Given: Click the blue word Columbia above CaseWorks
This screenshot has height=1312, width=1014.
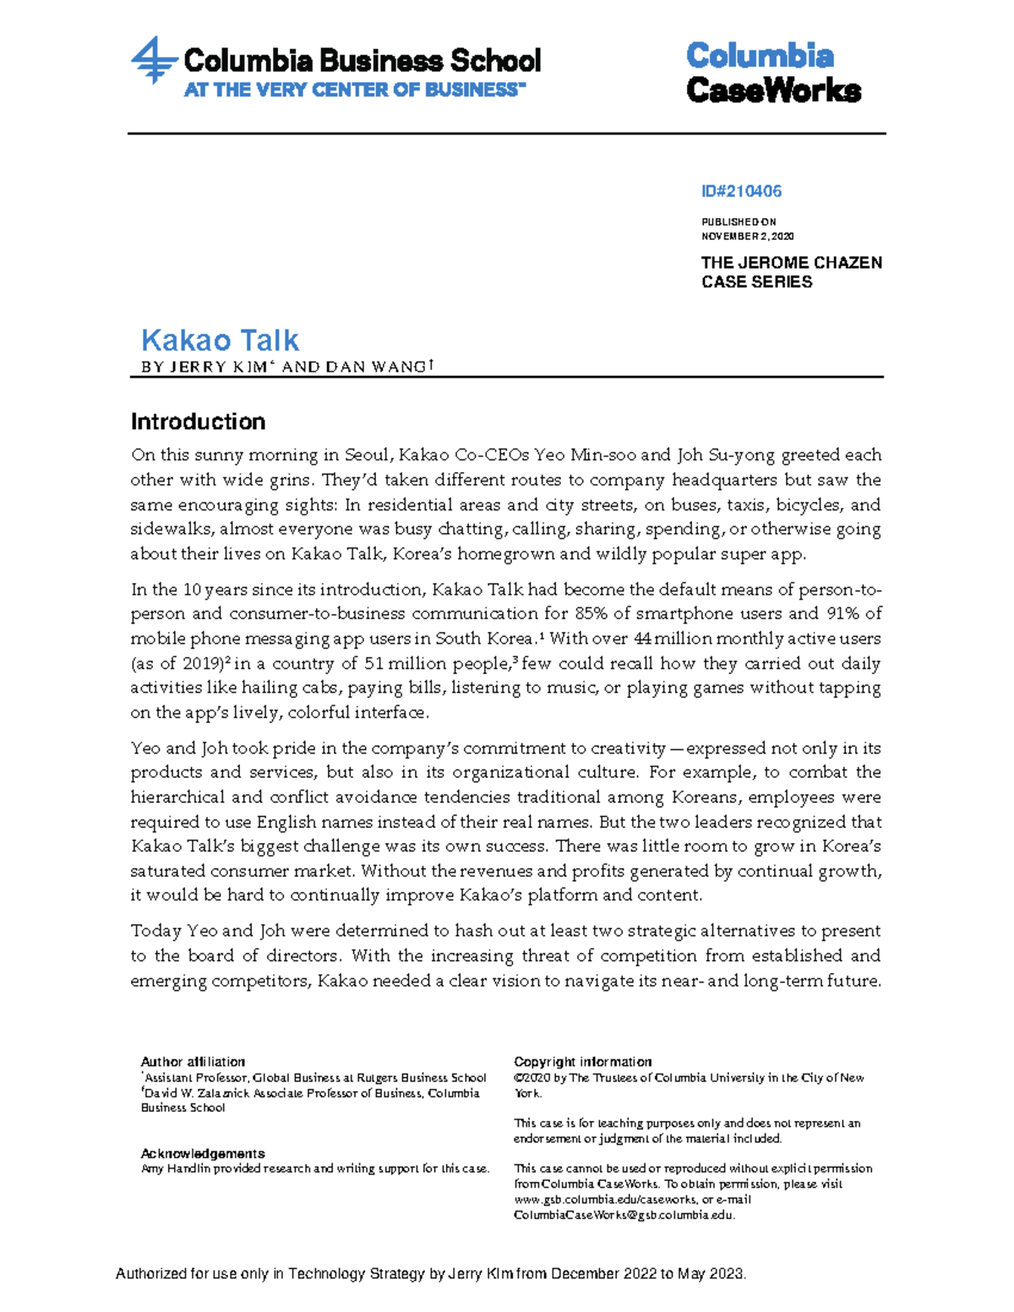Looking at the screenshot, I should (x=759, y=57).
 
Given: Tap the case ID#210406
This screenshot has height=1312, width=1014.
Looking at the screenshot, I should (x=741, y=192).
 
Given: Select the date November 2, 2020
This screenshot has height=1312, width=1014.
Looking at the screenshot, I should (x=747, y=237).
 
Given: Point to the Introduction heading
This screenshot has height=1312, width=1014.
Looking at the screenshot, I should (x=198, y=422).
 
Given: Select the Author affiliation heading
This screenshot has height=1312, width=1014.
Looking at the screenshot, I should (x=193, y=1062).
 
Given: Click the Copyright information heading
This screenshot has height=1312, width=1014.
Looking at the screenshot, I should (x=582, y=1062).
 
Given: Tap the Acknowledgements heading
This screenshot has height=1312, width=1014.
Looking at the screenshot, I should (x=203, y=1154).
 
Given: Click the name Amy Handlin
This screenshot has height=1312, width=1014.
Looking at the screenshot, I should (x=175, y=1169).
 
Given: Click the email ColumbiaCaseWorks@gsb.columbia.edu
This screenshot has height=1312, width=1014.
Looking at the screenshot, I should (x=623, y=1215).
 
